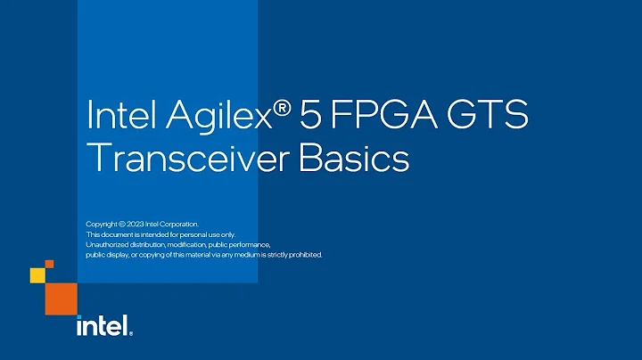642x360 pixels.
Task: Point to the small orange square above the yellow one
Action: [48, 264]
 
